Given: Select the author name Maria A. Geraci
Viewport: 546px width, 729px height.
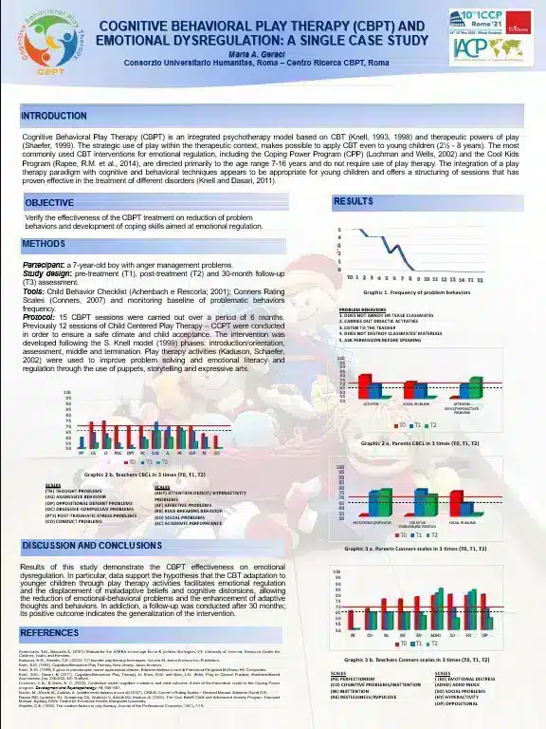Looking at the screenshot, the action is (x=272, y=52).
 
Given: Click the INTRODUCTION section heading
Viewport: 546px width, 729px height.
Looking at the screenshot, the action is (x=54, y=116).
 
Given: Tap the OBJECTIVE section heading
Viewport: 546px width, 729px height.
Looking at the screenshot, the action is (x=49, y=203).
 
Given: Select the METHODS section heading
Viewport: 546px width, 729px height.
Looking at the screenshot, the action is (x=44, y=245).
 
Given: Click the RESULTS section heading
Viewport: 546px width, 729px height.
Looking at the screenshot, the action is (x=353, y=202).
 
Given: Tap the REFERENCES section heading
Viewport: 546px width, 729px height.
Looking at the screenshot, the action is (x=50, y=632).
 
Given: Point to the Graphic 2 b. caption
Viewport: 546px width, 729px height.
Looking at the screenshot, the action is (x=143, y=472).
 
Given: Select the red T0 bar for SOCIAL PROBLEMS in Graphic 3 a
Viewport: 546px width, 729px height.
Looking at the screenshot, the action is (x=455, y=503).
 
